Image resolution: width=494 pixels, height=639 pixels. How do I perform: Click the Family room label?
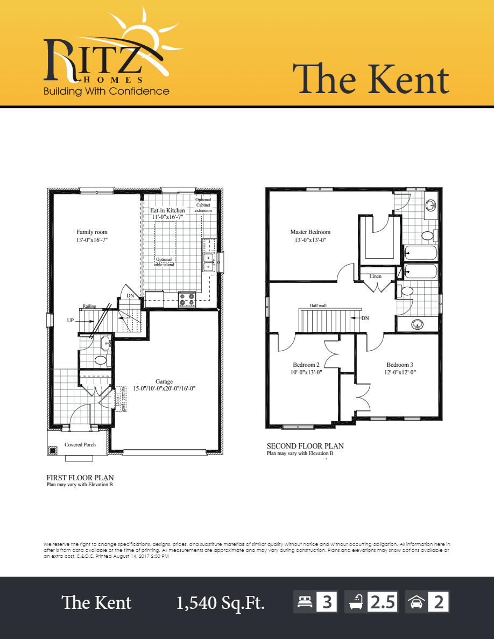pos(92,232)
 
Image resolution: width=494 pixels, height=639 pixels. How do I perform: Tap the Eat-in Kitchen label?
pos(167,210)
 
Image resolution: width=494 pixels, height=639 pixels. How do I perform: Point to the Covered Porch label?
pos(80,445)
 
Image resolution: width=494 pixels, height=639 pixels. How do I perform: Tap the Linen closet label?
pos(375,276)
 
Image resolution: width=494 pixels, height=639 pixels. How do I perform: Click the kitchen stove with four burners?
pos(187,299)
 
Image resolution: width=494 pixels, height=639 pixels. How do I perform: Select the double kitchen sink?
pos(208,263)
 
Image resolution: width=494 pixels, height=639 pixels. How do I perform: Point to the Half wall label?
pos(317,305)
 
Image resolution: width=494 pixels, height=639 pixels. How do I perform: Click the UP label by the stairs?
pos(70,320)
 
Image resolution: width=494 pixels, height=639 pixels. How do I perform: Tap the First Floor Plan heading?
pos(80,477)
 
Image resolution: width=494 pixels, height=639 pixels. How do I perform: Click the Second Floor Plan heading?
pos(305,446)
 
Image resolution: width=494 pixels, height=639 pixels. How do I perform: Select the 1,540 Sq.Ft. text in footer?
pos(221,603)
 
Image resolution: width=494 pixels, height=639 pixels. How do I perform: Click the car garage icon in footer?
pos(416,602)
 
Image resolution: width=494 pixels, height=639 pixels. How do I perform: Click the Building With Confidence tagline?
pos(107,91)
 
